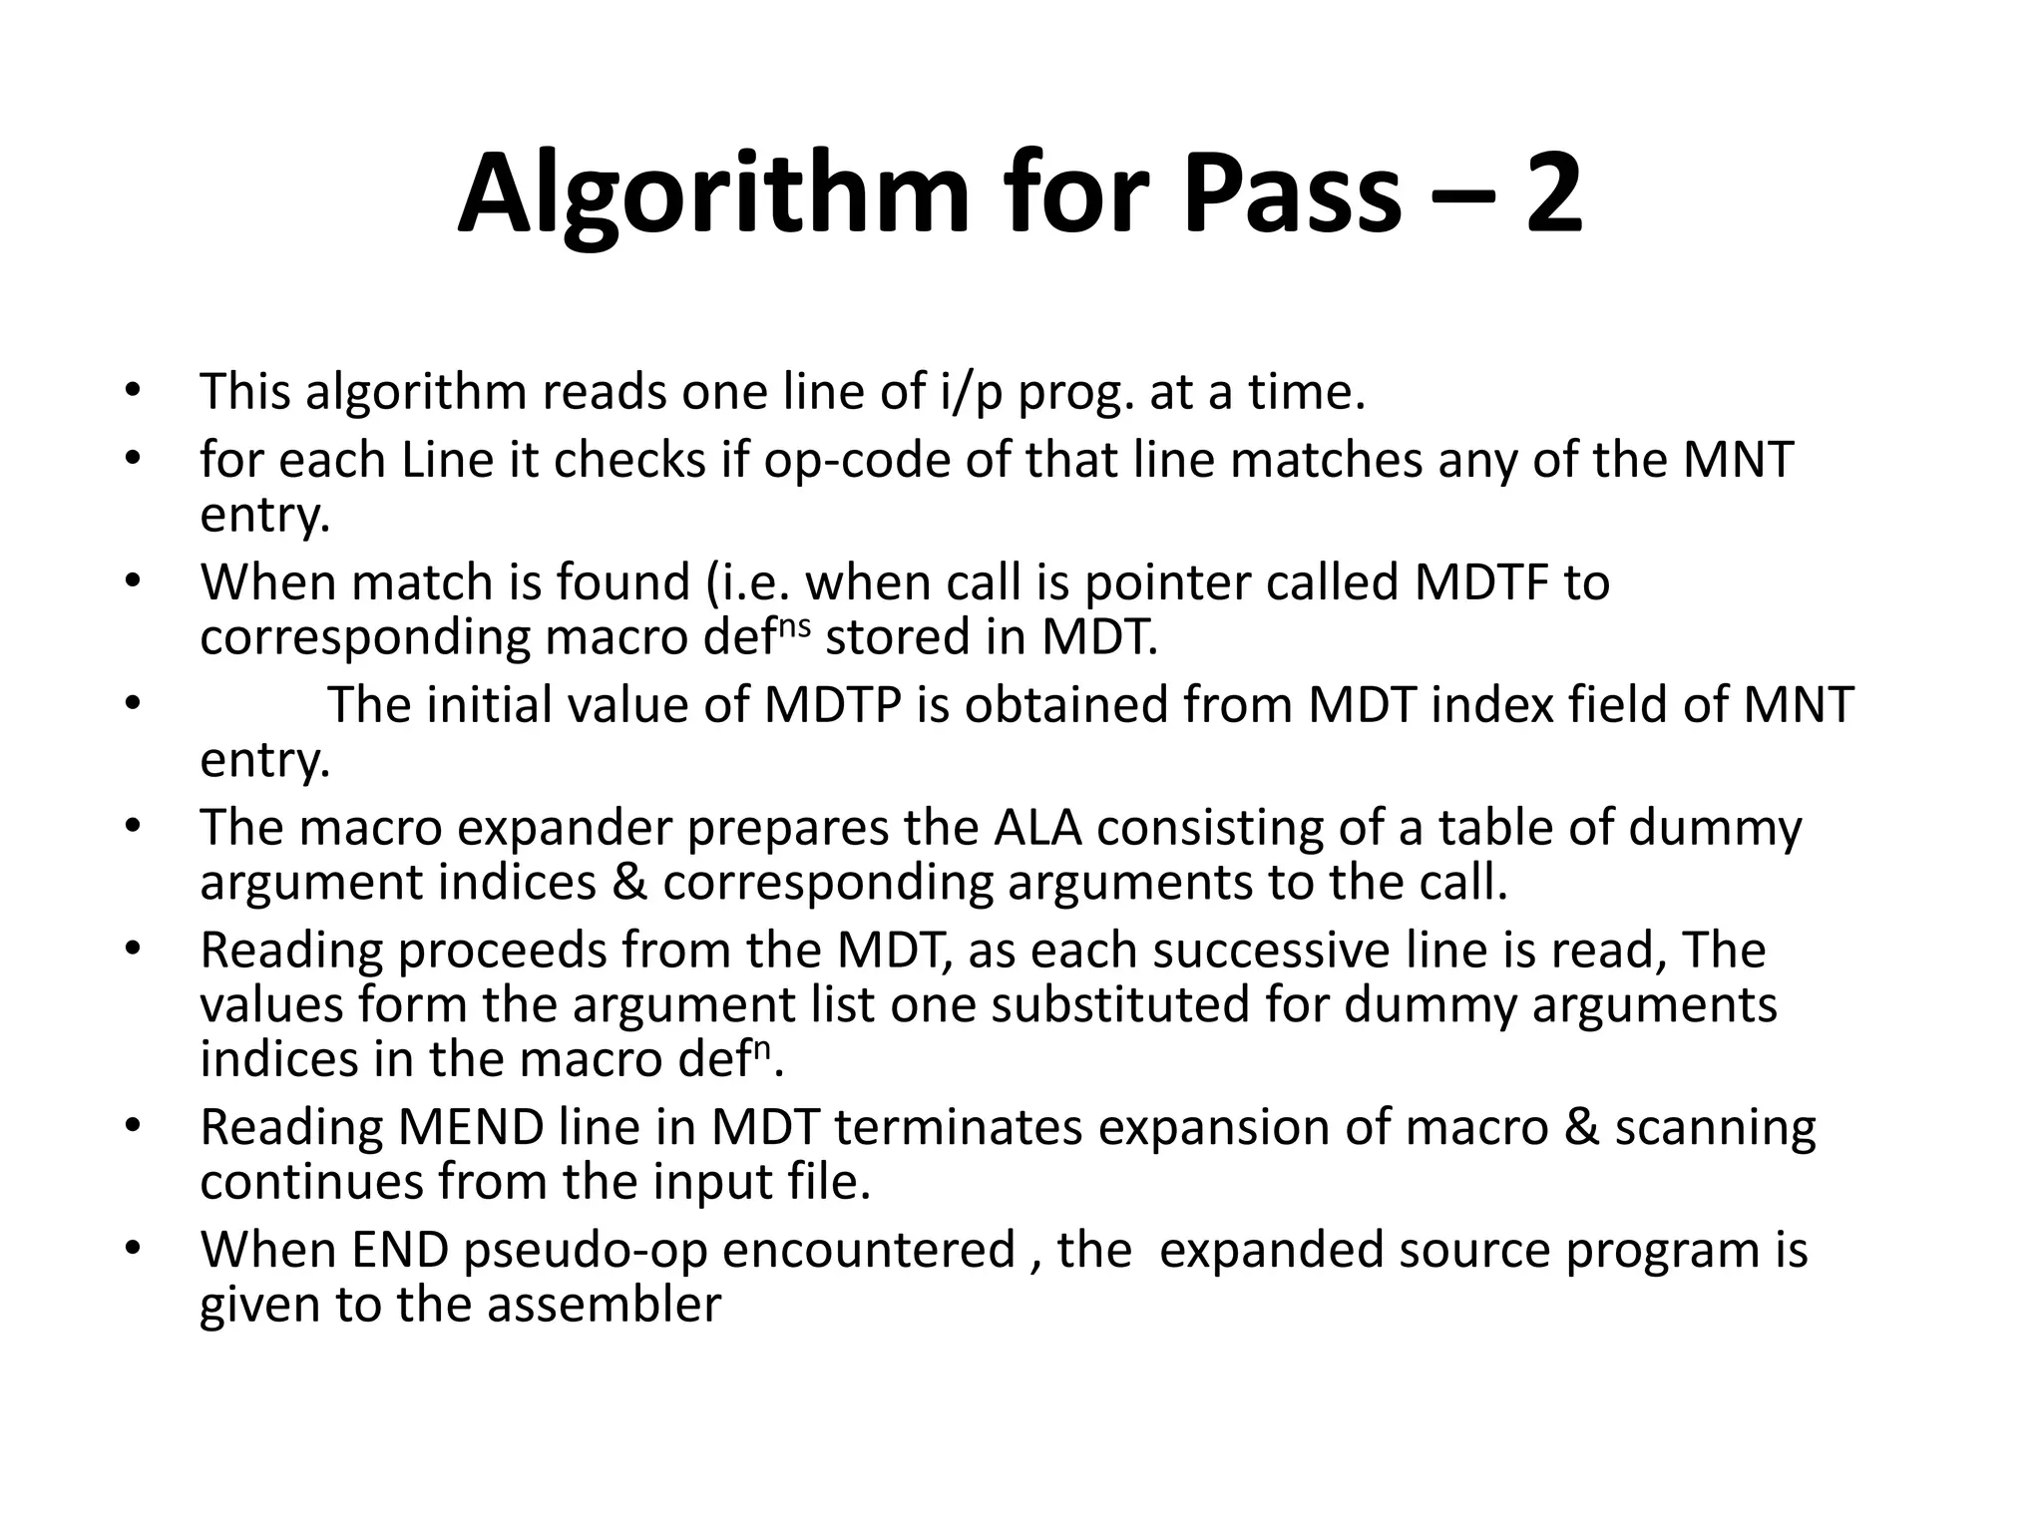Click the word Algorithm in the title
point(713,194)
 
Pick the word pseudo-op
point(586,1251)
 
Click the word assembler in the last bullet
point(603,1306)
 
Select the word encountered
point(868,1251)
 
